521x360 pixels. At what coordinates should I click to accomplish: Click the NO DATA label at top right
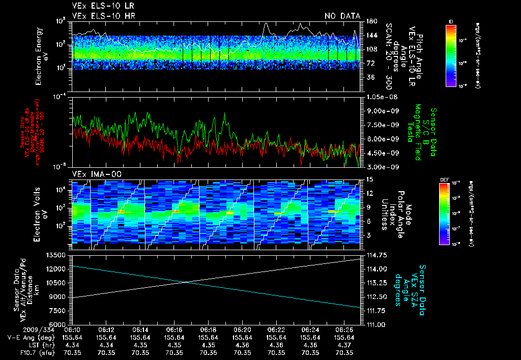[x=342, y=16]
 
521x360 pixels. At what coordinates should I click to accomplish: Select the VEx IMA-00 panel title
[x=93, y=174]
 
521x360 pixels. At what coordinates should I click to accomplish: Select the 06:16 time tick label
[x=175, y=330]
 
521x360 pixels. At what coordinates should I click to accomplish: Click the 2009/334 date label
[x=19, y=330]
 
